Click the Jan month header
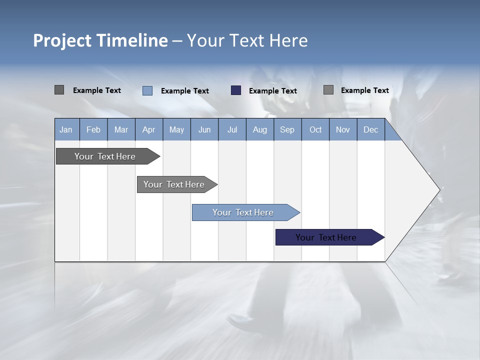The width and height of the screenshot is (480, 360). (x=66, y=130)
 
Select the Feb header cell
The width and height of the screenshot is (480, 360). (x=93, y=130)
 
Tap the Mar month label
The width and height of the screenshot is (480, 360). (x=121, y=130)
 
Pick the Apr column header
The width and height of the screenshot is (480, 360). (x=149, y=130)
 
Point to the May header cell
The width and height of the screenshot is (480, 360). (x=176, y=130)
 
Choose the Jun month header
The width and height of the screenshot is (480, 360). (x=204, y=130)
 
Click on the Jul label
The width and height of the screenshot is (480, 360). (x=232, y=130)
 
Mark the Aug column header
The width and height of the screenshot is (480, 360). (x=260, y=130)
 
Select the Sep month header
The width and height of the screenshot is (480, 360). (x=287, y=130)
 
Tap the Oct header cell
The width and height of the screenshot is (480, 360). (x=315, y=130)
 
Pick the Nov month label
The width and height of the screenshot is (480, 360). (x=343, y=130)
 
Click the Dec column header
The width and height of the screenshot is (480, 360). (x=371, y=130)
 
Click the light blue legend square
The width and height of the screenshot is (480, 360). (x=147, y=90)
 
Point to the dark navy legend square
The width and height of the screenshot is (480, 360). (x=236, y=90)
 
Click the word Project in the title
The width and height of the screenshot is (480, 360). (x=62, y=40)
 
